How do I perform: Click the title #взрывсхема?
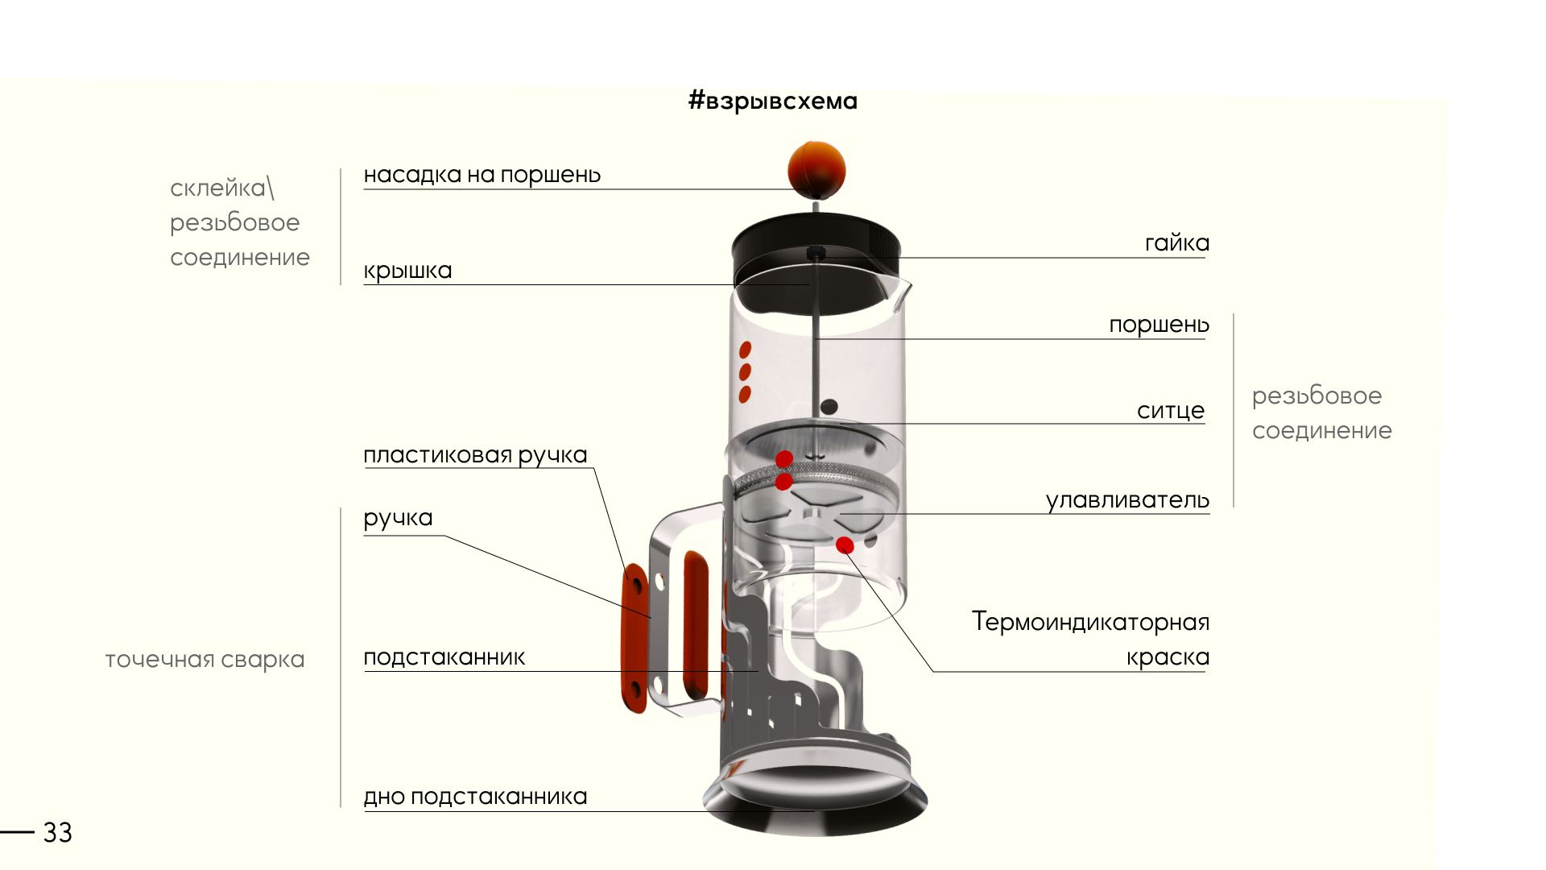(x=773, y=101)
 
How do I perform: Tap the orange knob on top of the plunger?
(x=816, y=169)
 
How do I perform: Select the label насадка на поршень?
(x=482, y=175)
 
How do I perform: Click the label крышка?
(x=407, y=271)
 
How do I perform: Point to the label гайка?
(x=1176, y=243)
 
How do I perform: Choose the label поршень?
(x=1159, y=325)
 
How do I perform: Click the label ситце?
(x=1170, y=411)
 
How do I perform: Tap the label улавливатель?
(x=1127, y=500)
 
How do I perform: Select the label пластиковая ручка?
(x=475, y=455)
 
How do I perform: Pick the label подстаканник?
(x=444, y=657)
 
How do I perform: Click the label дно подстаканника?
(x=475, y=797)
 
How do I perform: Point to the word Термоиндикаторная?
(x=1090, y=622)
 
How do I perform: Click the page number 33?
(x=57, y=833)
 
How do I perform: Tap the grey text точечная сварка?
(x=205, y=660)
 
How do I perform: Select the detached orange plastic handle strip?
(x=635, y=636)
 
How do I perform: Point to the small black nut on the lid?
(x=815, y=253)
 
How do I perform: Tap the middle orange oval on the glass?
(x=745, y=372)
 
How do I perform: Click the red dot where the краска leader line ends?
(x=845, y=545)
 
